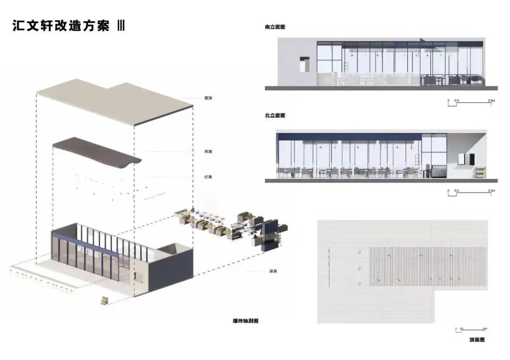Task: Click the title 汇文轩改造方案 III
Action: coord(68,26)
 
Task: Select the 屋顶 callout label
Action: coord(208,98)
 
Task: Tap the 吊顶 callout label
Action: coord(208,151)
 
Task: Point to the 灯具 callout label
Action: coord(208,177)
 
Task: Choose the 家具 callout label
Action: coord(272,271)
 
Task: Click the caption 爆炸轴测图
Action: coord(246,321)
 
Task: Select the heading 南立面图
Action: coord(275,27)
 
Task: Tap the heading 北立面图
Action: coord(275,116)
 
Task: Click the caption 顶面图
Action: coord(477,340)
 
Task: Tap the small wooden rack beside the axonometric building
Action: coord(104,301)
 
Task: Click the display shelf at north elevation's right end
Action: coord(480,173)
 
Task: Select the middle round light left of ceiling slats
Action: coord(359,268)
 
